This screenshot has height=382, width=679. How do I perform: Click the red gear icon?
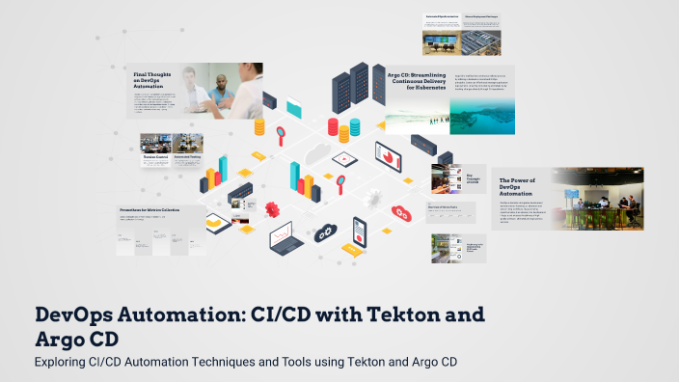tap(272, 207)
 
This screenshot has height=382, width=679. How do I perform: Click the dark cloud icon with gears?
tap(324, 232)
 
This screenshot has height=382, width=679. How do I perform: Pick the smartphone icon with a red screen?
tap(361, 229)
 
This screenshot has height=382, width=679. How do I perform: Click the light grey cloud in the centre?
tap(316, 153)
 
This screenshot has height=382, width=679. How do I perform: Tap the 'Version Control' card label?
tap(155, 155)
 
